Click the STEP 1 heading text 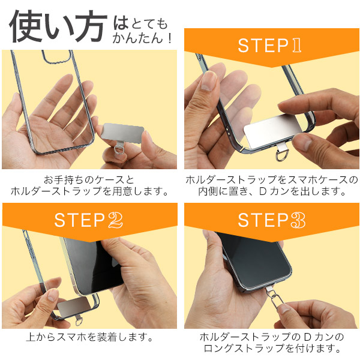pos(269,45)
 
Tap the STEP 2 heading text pos(88,220)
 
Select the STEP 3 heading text pos(271,220)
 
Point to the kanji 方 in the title pos(91,26)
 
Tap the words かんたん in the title pos(137,38)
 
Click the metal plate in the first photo pos(122,132)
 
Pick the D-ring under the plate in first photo pos(119,149)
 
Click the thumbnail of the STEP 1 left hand pos(208,81)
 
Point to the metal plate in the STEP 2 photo pos(73,306)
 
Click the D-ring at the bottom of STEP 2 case pos(78,322)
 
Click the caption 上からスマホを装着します pos(89,337)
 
